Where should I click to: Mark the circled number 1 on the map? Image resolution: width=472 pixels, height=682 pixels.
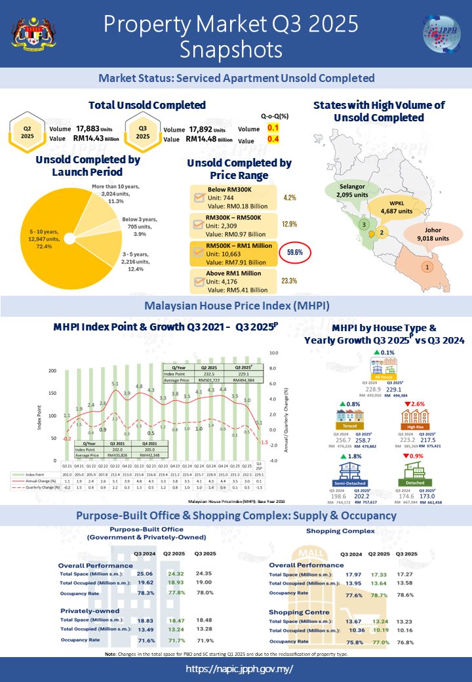(x=427, y=267)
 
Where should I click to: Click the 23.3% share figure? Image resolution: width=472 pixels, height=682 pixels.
(x=290, y=281)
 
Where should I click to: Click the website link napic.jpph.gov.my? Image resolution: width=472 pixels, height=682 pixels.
(x=239, y=669)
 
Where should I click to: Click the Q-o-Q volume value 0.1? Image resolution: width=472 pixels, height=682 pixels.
(x=273, y=129)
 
